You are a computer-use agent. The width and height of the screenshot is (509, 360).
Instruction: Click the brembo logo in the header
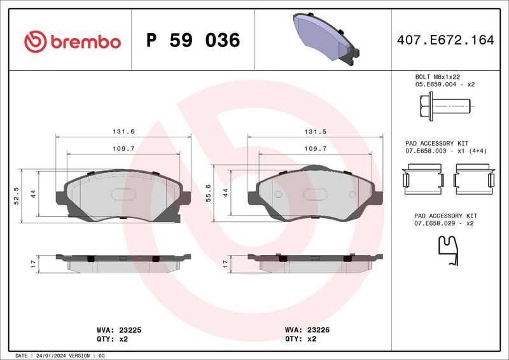(73, 42)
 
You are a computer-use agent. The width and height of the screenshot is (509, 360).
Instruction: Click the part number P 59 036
(193, 40)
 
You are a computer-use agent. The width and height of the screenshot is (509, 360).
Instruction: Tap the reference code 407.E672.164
(445, 40)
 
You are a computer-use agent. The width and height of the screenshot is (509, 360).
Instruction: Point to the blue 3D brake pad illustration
(326, 39)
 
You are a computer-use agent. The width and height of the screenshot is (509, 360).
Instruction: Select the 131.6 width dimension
(123, 132)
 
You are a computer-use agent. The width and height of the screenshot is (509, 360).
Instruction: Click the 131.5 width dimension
(315, 132)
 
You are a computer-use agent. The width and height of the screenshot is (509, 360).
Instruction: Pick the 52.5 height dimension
(17, 196)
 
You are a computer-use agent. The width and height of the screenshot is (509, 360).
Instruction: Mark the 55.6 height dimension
(209, 193)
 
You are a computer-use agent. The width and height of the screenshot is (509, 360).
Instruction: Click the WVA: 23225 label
(119, 330)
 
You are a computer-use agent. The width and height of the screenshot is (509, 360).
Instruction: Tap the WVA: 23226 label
(307, 330)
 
